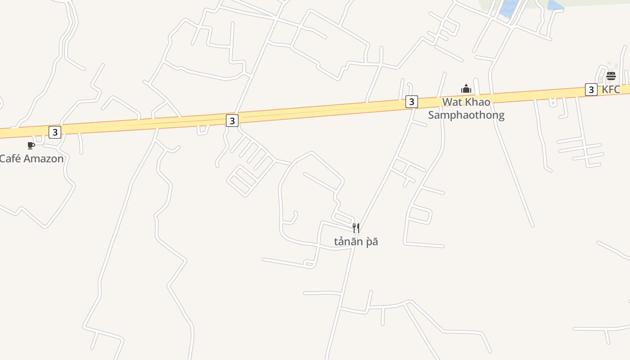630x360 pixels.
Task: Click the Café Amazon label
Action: pos(31,158)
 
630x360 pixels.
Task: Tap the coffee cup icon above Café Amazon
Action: pos(31,145)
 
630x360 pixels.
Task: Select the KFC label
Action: pos(611,89)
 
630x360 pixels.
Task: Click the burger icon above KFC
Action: pos(611,76)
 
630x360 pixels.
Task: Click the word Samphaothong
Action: pos(466,115)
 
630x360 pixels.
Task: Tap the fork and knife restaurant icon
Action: pos(356,228)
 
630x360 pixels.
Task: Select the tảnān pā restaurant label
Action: pos(356,242)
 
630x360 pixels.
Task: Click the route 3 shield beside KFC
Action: pos(591,90)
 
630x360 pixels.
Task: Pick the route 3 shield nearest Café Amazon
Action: pos(55,132)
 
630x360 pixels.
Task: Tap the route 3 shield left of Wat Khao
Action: pos(411,102)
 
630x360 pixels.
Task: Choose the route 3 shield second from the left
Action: pos(232,121)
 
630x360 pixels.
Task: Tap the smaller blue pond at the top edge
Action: pos(555,5)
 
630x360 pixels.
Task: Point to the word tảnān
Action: pos(348,242)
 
